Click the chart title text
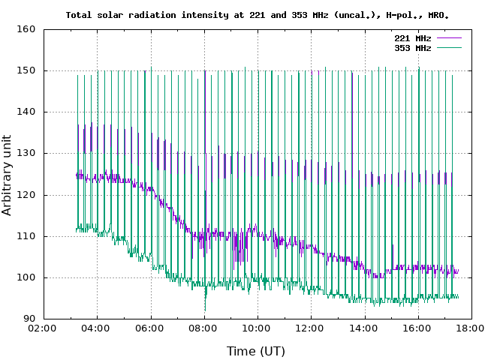[258, 14]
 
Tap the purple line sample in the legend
[448, 37]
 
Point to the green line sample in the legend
[448, 47]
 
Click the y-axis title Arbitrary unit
[8, 174]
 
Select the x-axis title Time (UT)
[256, 350]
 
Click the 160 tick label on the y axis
[27, 30]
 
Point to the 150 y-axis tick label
[27, 71]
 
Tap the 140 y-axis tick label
[27, 112]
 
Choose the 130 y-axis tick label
[27, 154]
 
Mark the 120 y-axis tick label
[27, 195]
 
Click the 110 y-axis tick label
[27, 236]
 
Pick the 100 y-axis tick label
[27, 277]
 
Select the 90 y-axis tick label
[30, 319]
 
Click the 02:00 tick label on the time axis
[44, 328]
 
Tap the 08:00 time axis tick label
[203, 328]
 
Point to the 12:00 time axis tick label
[310, 328]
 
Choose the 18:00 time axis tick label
[470, 328]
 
